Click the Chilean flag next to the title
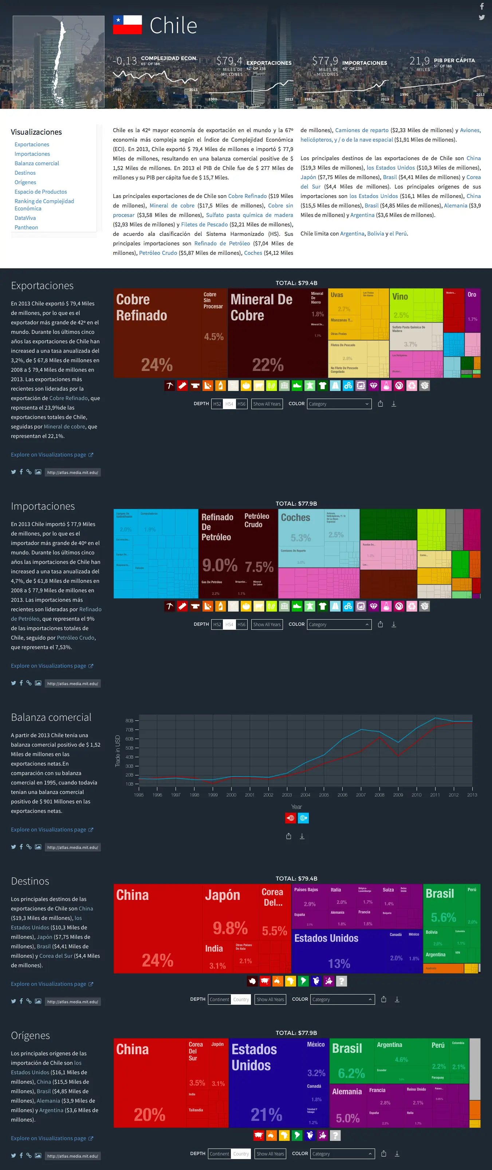click(127, 25)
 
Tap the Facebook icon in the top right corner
click(481, 6)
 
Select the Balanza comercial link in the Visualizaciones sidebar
click(37, 163)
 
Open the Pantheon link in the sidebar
click(26, 227)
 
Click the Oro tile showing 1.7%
click(472, 309)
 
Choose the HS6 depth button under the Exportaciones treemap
click(241, 404)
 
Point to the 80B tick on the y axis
click(130, 720)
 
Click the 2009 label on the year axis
click(398, 795)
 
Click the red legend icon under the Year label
click(290, 818)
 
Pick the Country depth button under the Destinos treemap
click(241, 999)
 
